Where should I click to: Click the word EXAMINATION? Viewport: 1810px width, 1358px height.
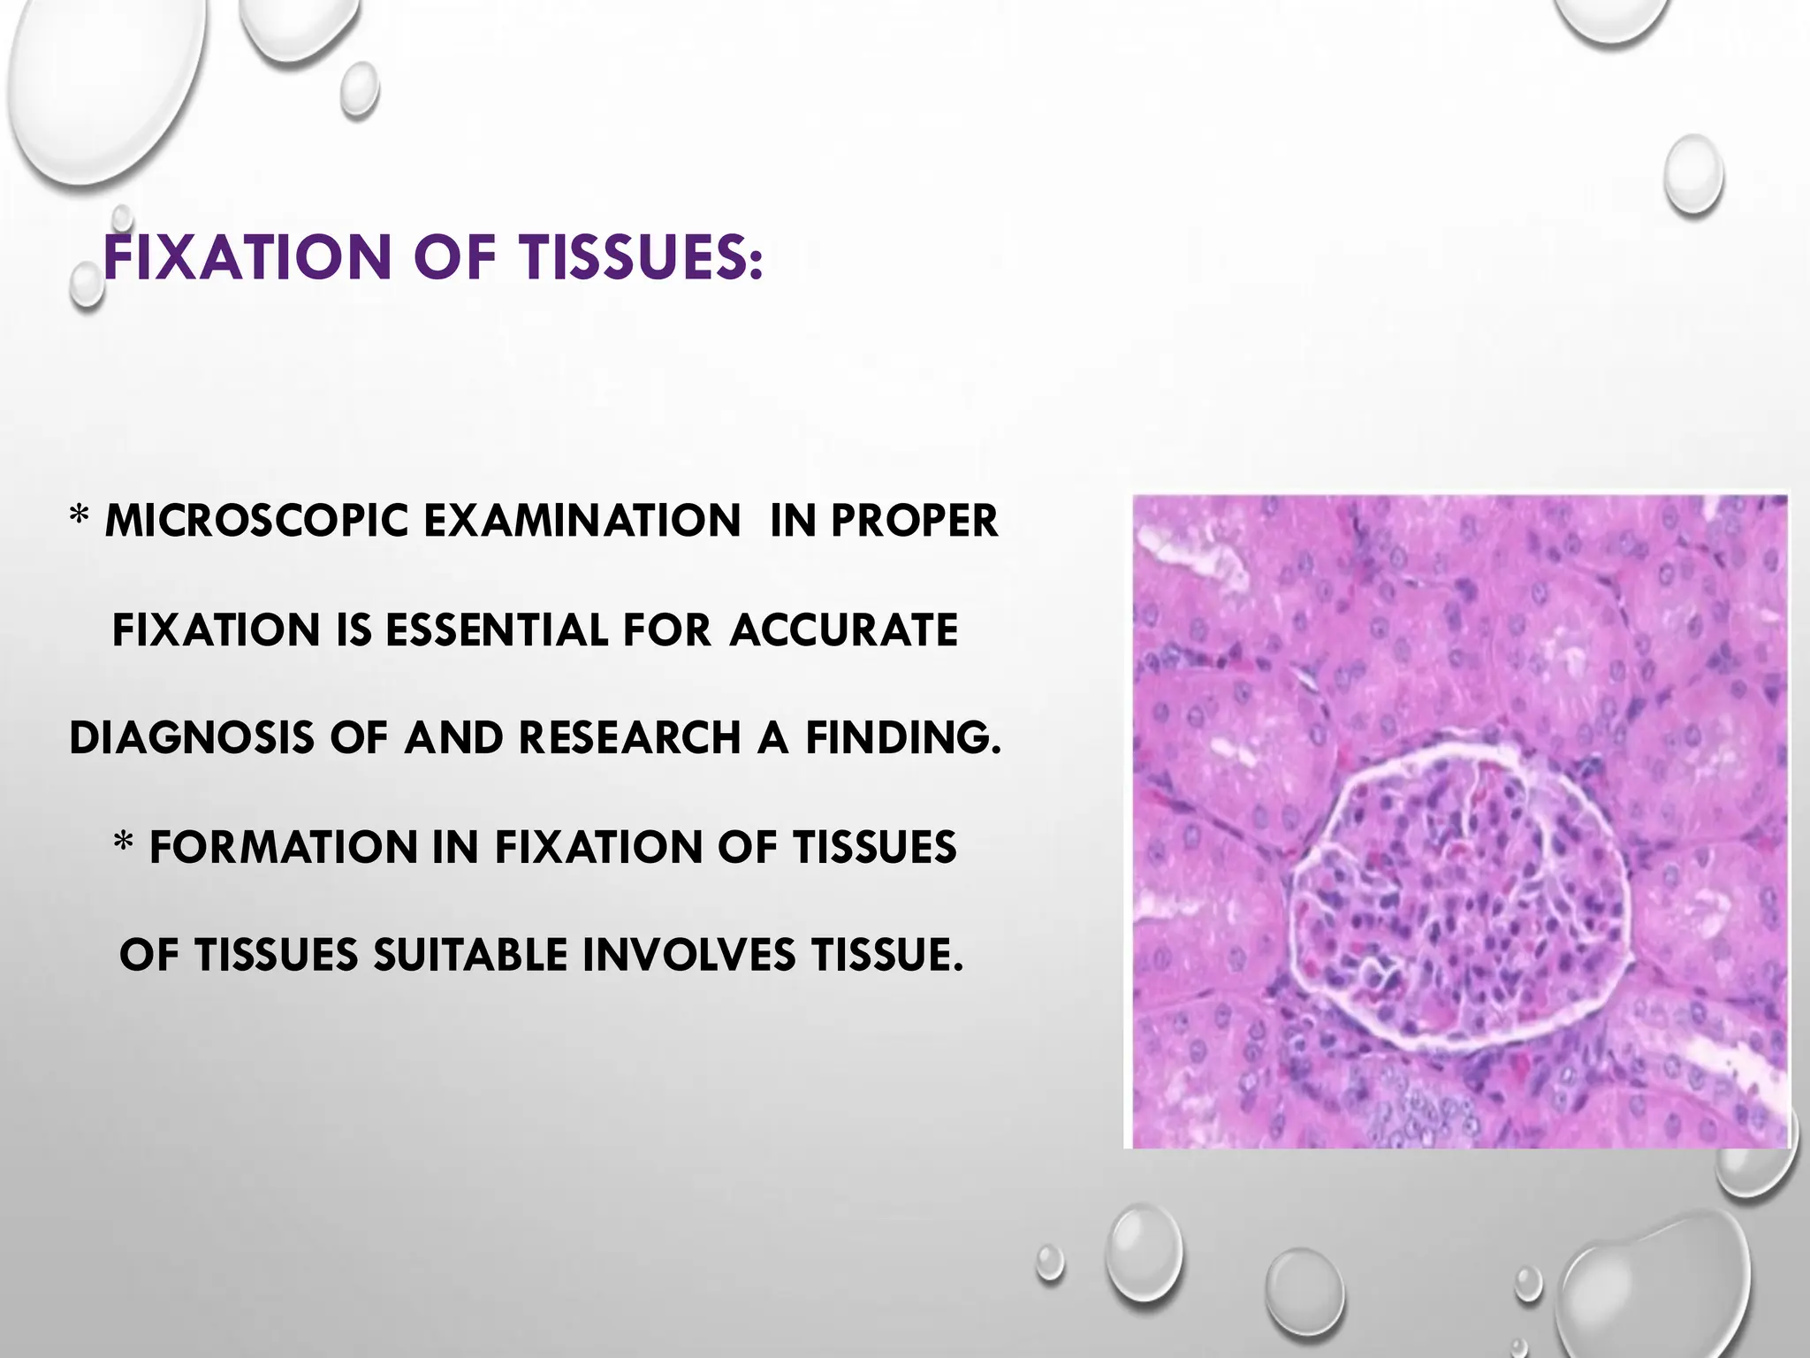pyautogui.click(x=582, y=521)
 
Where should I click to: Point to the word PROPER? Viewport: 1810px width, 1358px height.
pyautogui.click(x=914, y=521)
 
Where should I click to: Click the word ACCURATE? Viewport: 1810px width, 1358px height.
pyautogui.click(x=844, y=630)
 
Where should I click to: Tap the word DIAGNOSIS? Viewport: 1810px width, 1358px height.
pyautogui.click(x=191, y=738)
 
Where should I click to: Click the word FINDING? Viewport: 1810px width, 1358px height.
pyautogui.click(x=903, y=738)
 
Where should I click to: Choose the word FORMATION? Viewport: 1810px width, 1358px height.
pyautogui.click(x=283, y=847)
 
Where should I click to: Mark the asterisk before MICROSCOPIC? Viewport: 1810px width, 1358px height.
pyautogui.click(x=80, y=517)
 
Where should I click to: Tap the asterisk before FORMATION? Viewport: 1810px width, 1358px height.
pyautogui.click(x=124, y=843)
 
